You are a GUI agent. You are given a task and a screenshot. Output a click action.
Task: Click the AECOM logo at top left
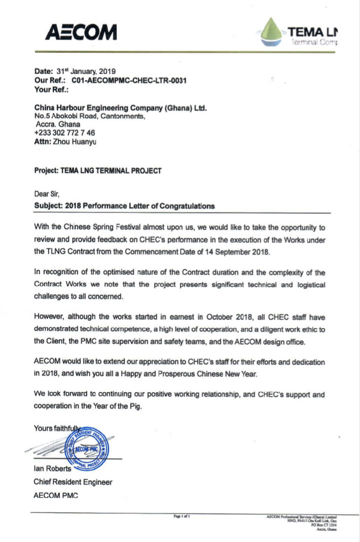[x=81, y=32]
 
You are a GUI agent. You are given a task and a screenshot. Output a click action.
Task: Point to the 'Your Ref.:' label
[x=51, y=89]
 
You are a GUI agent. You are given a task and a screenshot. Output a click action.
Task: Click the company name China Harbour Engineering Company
[x=120, y=107]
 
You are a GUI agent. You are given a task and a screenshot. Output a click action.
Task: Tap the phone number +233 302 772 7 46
[x=64, y=133]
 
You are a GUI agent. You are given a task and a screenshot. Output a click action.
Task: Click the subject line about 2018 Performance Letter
[x=124, y=206]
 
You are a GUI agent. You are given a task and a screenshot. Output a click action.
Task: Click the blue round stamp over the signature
[x=90, y=446]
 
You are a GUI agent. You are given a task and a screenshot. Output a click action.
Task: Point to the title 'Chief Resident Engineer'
[x=73, y=482]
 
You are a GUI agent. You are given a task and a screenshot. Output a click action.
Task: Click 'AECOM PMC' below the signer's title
[x=56, y=495]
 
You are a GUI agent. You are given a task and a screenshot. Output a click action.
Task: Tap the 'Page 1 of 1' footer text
[x=182, y=516]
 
